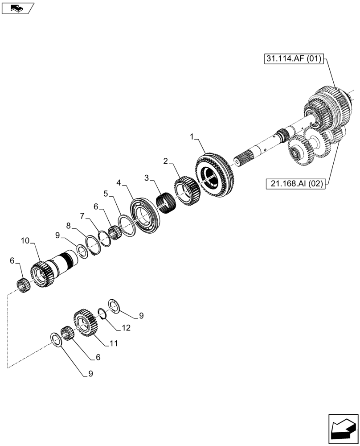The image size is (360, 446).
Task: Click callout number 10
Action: pos(25,241)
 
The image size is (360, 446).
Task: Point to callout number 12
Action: pos(126,328)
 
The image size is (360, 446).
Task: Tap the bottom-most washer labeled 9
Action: pos(57,339)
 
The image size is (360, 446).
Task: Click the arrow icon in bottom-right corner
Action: pos(343,429)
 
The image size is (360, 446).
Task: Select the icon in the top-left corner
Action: pos(17,8)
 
